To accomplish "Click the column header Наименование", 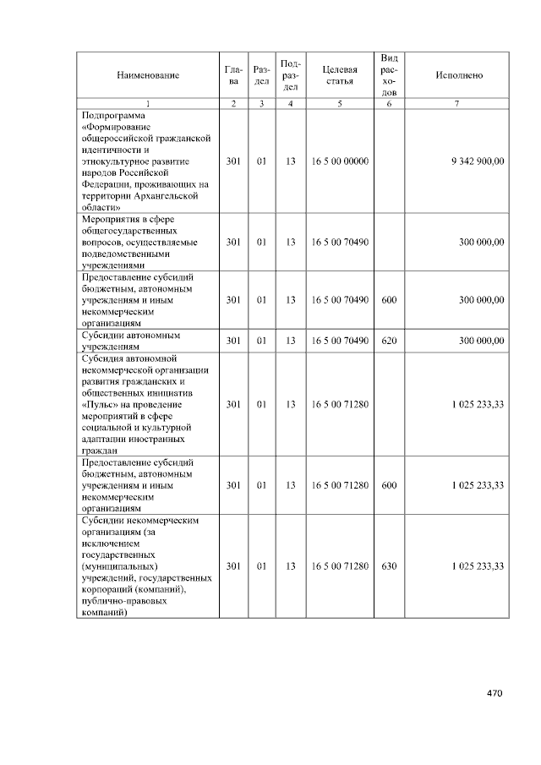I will pos(148,75).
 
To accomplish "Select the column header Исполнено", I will pos(459,75).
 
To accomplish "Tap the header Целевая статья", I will pos(340,75).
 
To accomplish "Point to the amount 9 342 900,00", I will pos(478,160).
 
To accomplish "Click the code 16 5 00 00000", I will pos(340,160).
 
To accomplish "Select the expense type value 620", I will pos(389,341).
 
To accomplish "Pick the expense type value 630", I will pos(389,566).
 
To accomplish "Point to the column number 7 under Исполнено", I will pos(457,103).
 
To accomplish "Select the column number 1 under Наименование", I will pos(148,103).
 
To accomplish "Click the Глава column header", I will pos(233,75).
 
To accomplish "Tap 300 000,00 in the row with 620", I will pos(481,341).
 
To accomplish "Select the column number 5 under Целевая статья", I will pos(340,103).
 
